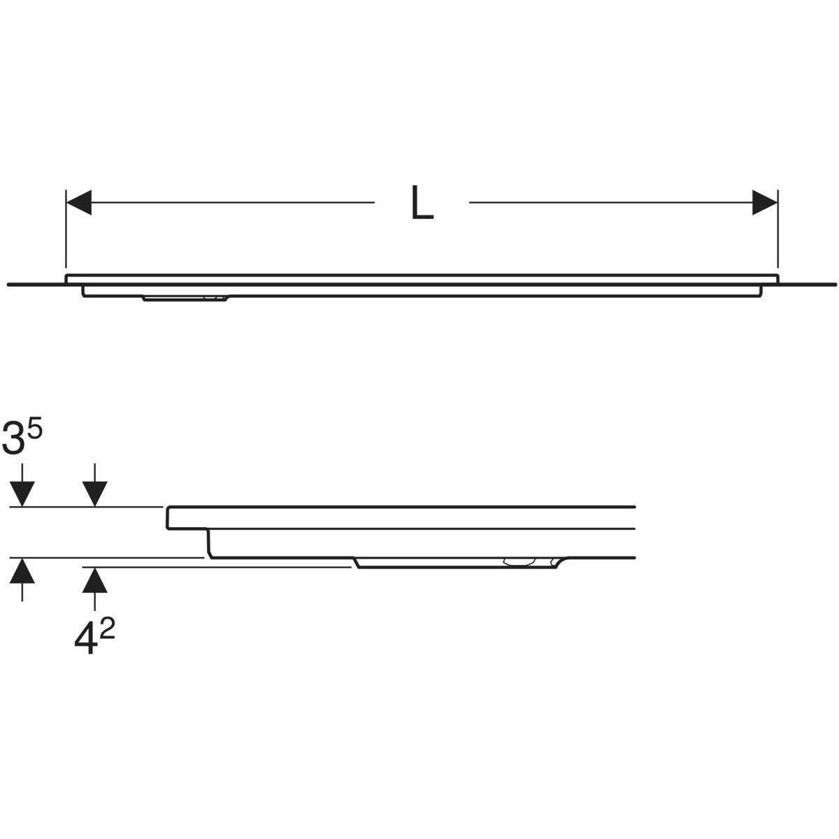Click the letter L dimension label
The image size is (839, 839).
tap(422, 203)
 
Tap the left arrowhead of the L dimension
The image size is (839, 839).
tap(78, 203)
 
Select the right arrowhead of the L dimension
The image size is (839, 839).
tap(764, 203)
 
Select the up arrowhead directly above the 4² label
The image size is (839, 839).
tap(94, 579)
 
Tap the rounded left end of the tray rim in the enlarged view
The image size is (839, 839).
tap(168, 517)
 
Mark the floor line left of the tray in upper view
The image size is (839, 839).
tap(35, 285)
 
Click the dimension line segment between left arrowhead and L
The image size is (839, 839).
tap(231, 203)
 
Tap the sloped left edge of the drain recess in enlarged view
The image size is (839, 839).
tap(357, 563)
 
